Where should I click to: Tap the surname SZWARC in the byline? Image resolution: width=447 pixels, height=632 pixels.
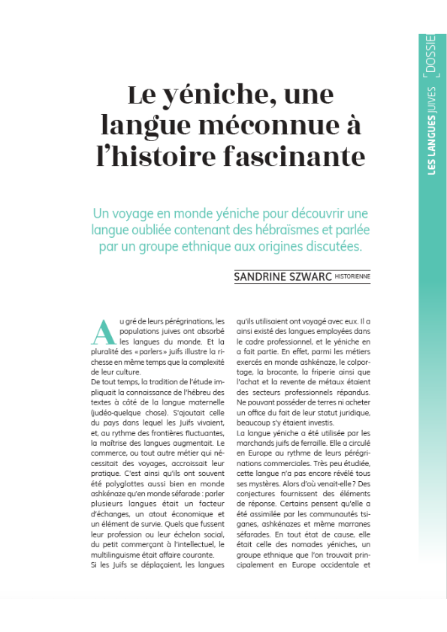[x=321, y=277]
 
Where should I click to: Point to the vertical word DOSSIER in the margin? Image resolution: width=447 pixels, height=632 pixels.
[x=430, y=56]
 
